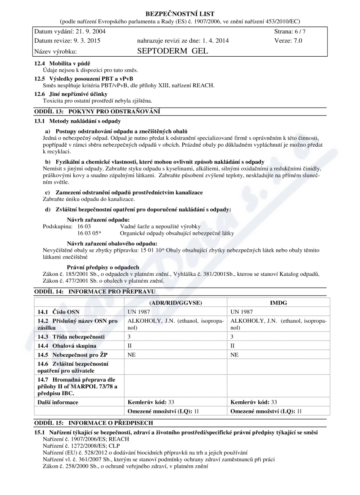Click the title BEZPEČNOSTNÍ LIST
click(180, 14)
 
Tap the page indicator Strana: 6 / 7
click(290, 31)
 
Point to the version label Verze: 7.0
click(288, 40)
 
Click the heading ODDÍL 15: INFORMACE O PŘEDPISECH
click(94, 423)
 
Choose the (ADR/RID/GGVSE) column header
click(175, 303)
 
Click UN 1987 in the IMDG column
click(242, 312)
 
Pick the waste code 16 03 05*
click(90, 233)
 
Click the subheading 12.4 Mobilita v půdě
click(66, 63)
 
